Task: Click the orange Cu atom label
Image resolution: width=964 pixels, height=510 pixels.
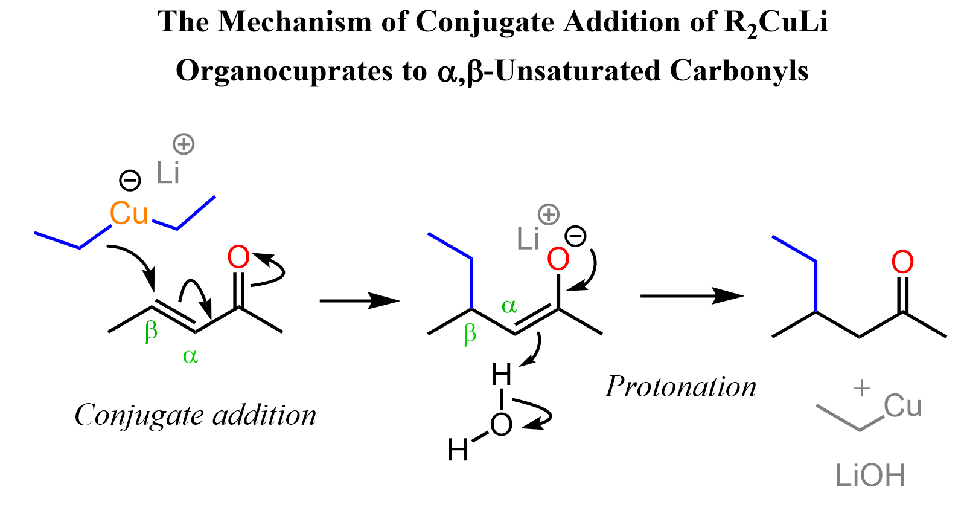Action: click(129, 213)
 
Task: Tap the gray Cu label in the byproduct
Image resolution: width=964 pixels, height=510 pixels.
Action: click(902, 406)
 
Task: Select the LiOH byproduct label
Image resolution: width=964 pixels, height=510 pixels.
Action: click(870, 476)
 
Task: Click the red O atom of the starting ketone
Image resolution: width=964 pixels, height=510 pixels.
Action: click(238, 257)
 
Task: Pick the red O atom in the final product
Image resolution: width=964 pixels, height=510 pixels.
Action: click(902, 262)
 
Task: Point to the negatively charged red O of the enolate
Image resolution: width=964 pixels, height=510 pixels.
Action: click(558, 259)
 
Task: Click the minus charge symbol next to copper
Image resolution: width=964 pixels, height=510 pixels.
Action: click(130, 180)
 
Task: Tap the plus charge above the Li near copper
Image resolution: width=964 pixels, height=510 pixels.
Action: click(184, 144)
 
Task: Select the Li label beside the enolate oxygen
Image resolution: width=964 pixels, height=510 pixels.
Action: click(528, 239)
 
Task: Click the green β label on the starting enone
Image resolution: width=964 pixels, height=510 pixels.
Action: click(151, 331)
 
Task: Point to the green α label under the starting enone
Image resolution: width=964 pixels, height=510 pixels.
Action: click(190, 357)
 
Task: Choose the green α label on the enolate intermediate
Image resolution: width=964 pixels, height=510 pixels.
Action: click(509, 306)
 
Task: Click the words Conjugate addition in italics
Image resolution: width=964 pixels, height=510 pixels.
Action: click(195, 415)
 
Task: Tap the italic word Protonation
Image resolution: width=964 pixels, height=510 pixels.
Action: click(680, 387)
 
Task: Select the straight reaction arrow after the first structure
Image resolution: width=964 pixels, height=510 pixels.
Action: click(359, 300)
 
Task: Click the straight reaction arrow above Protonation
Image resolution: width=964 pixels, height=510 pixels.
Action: click(691, 296)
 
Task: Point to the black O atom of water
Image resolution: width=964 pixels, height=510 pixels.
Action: click(501, 424)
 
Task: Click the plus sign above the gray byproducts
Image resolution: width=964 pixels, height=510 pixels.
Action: click(862, 388)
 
